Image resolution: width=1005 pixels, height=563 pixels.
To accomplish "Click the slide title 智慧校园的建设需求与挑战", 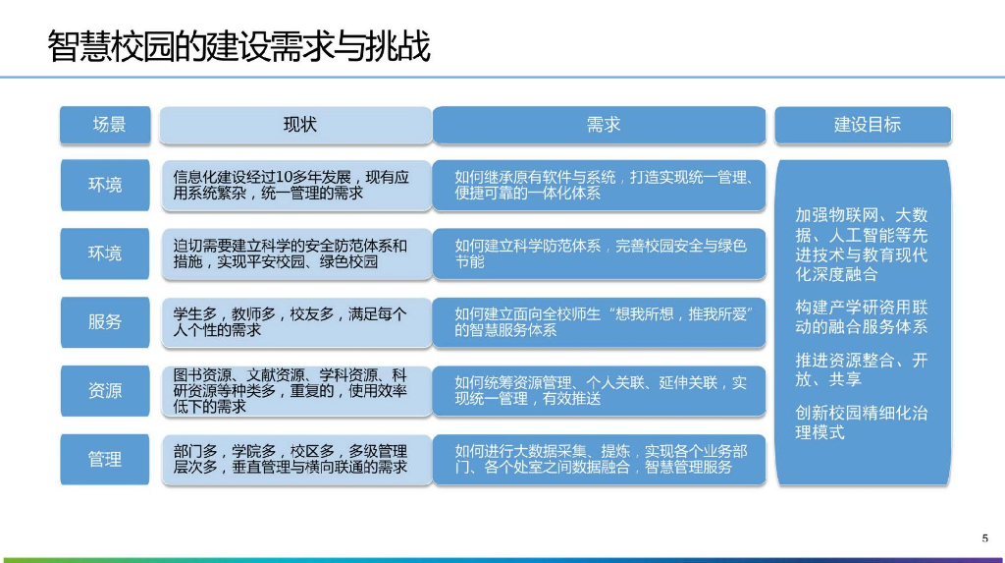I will (x=238, y=46).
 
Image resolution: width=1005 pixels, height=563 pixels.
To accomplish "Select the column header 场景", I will (x=106, y=125).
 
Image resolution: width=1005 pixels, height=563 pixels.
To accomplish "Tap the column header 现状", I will (x=295, y=125).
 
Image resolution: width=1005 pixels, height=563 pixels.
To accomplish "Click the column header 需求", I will (x=599, y=125).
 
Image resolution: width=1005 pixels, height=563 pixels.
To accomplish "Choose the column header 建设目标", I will (x=863, y=125).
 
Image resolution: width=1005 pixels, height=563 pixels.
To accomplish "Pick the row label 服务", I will (x=106, y=321).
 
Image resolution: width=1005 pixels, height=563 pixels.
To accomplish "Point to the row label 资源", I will (x=106, y=390).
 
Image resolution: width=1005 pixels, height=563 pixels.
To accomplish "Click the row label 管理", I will (x=106, y=459).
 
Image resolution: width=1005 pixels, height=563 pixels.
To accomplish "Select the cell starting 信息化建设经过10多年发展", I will (x=295, y=185).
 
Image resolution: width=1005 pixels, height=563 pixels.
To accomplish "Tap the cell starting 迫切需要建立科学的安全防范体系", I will (x=295, y=253).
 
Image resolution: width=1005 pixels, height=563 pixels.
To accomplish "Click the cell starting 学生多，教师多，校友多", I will (x=295, y=322).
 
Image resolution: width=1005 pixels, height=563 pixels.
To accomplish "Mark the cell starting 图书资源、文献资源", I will (x=295, y=391).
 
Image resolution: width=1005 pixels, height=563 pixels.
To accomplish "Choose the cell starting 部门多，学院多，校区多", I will (x=295, y=459).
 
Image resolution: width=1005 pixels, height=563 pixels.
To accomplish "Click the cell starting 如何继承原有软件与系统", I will (x=599, y=185).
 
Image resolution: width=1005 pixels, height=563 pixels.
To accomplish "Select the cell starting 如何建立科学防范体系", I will (x=599, y=253).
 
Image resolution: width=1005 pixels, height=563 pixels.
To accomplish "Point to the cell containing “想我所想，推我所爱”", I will (x=599, y=322).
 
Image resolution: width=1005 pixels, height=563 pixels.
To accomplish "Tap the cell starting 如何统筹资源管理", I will (x=599, y=391).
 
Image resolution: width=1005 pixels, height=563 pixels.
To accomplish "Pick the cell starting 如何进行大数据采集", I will (x=599, y=459).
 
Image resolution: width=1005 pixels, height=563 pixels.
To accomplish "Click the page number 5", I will (x=984, y=536).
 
